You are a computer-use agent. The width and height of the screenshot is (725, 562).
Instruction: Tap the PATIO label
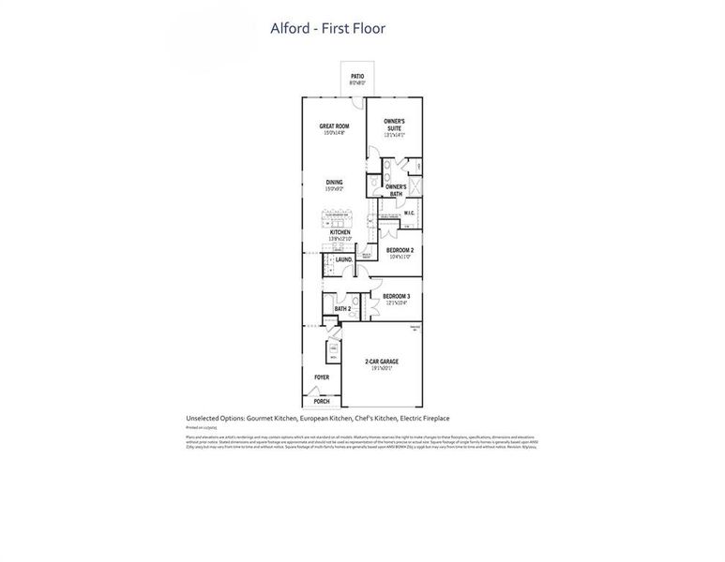pyautogui.click(x=357, y=77)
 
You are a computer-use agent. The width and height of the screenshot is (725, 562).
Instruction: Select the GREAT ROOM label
pyautogui.click(x=334, y=127)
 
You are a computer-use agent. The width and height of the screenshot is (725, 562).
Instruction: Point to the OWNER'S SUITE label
pyautogui.click(x=394, y=126)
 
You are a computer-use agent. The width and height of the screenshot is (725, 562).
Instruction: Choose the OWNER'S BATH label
pyautogui.click(x=396, y=189)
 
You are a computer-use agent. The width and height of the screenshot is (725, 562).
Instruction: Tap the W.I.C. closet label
pyautogui.click(x=408, y=213)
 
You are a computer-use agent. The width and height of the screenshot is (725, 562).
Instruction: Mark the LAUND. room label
pyautogui.click(x=343, y=259)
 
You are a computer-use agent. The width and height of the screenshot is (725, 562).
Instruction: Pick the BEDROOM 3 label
pyautogui.click(x=396, y=298)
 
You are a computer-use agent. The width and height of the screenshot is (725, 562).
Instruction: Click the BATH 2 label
pyautogui.click(x=342, y=308)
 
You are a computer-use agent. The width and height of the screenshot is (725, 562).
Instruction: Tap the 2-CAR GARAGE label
pyautogui.click(x=382, y=362)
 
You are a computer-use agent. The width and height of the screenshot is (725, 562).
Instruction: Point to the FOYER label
pyautogui.click(x=322, y=377)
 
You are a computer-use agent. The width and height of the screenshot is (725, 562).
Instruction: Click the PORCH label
pyautogui.click(x=322, y=401)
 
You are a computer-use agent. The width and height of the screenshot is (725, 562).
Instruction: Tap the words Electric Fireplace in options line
pyautogui.click(x=425, y=419)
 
